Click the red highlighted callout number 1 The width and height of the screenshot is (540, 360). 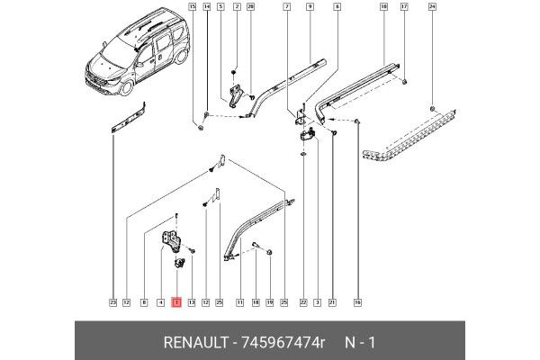176,302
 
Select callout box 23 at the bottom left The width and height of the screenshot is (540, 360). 112,302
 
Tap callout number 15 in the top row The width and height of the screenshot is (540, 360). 192,6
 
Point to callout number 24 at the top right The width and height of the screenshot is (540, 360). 432,6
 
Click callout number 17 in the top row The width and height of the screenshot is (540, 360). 403,6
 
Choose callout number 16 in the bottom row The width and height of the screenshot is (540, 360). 357,302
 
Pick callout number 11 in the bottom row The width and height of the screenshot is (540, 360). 239,302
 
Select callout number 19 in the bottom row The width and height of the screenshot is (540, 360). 269,302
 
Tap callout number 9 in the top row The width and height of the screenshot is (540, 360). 310,6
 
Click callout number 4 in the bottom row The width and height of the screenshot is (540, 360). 160,302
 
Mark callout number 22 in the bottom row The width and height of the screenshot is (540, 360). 303,302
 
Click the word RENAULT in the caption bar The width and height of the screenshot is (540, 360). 195,342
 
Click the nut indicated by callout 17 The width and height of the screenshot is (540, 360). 404,82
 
